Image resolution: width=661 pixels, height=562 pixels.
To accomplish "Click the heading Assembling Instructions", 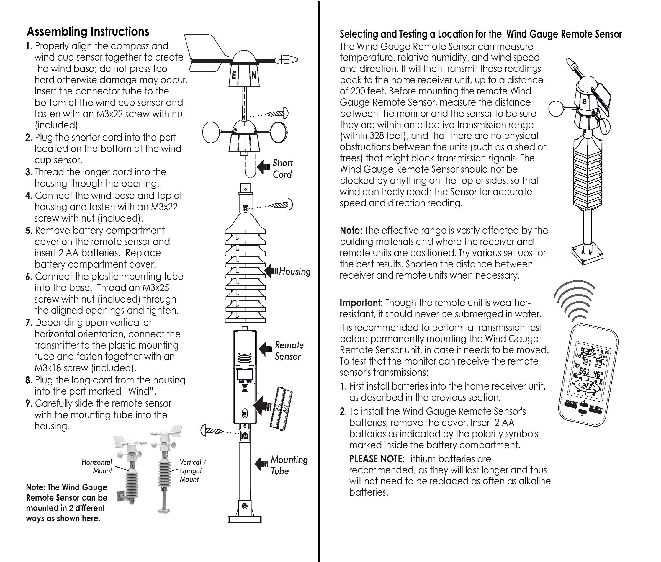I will (x=88, y=32).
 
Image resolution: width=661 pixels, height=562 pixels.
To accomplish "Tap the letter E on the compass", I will (x=234, y=76).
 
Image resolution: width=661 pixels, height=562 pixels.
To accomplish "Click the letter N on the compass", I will (x=254, y=76).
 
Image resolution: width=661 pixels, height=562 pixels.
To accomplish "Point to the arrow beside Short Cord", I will (x=263, y=167).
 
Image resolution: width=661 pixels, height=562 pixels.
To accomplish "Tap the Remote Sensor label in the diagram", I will (x=289, y=350).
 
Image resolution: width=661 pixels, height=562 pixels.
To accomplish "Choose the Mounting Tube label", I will (x=289, y=465).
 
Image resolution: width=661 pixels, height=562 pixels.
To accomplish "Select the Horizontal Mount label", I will (x=97, y=466).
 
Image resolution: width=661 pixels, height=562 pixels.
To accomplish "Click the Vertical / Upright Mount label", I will (x=192, y=470).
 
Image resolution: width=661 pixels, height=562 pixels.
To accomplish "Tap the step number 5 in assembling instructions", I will (x=29, y=231).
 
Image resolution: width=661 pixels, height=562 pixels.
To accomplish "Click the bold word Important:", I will (x=361, y=303).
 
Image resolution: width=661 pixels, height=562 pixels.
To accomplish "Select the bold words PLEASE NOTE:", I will (x=377, y=459).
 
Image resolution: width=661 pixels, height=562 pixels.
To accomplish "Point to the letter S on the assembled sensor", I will (x=584, y=102).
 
